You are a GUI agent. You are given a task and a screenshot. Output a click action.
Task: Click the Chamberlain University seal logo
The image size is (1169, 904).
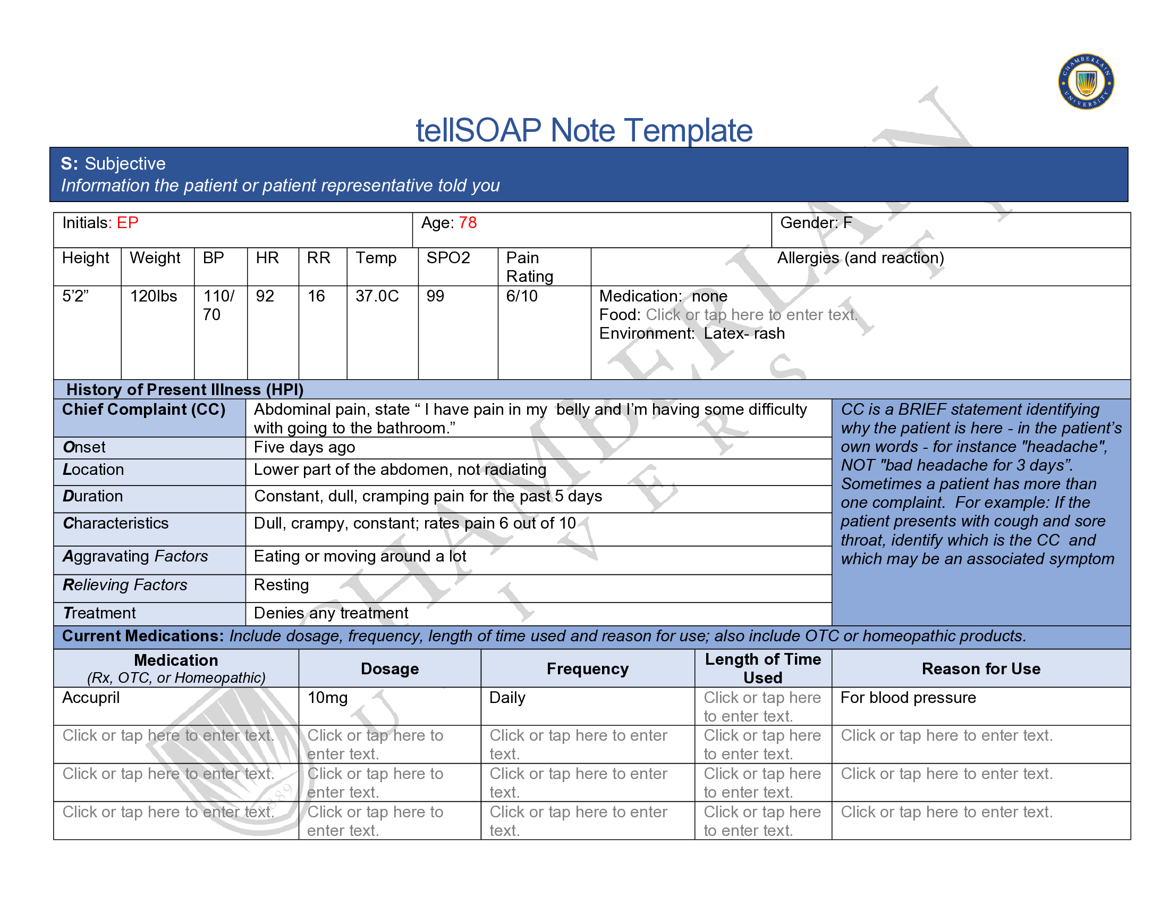[x=1086, y=82]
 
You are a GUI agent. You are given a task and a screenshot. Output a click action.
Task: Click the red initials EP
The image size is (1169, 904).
[x=128, y=223]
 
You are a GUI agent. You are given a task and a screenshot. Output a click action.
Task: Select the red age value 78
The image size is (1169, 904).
[x=467, y=223]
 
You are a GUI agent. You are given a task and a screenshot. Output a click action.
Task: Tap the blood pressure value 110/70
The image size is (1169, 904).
[x=218, y=305]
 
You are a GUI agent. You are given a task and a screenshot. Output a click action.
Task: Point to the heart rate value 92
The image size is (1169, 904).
[x=265, y=296]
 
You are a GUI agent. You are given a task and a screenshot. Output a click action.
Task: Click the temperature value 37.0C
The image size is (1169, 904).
[x=377, y=296]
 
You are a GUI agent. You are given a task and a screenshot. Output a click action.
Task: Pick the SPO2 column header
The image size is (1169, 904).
[x=448, y=258]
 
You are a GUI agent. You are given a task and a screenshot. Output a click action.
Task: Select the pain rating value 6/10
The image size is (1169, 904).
[x=521, y=296]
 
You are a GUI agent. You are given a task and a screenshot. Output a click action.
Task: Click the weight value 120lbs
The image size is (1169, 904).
[x=153, y=296]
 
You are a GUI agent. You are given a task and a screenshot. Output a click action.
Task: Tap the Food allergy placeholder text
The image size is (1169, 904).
[x=751, y=315]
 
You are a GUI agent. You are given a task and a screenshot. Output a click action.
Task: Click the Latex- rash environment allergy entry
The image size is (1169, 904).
[x=744, y=333]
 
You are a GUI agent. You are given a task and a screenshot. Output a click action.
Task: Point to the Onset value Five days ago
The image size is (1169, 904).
[x=304, y=447]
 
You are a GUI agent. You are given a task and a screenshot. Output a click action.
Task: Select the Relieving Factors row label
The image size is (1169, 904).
[x=125, y=585]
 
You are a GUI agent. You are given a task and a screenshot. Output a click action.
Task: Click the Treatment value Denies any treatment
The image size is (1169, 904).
[x=331, y=613]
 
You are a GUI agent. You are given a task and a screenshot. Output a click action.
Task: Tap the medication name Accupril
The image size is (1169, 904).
[x=91, y=698]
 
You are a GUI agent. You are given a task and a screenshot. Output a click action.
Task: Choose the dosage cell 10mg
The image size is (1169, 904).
[x=327, y=698]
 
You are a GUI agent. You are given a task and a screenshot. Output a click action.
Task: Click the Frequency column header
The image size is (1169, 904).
[x=587, y=669]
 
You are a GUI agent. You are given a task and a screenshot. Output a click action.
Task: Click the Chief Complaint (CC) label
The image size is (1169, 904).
[x=143, y=409]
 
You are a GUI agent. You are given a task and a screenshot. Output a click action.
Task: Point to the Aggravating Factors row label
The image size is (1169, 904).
[x=135, y=556]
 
